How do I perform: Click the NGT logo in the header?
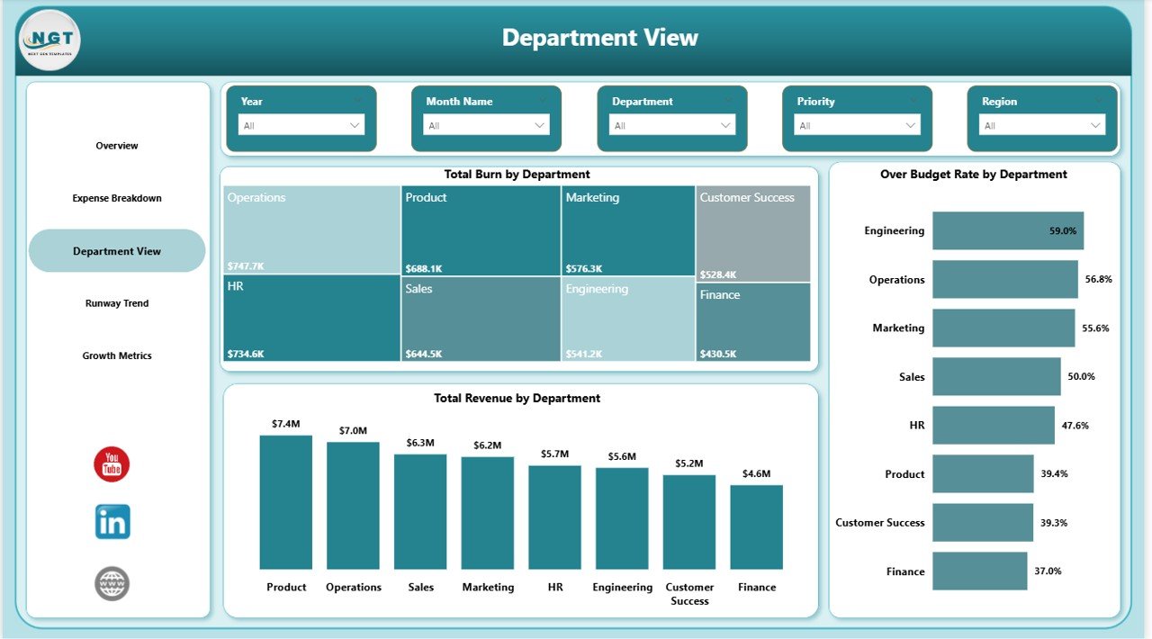point(49,40)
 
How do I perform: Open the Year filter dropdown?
point(301,125)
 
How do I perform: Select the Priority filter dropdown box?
point(856,125)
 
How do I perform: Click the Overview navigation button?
point(117,146)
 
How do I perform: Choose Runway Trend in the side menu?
point(117,303)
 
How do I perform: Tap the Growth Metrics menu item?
point(117,355)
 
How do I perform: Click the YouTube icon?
point(112,464)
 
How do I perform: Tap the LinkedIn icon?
point(112,522)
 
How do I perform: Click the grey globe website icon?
point(112,583)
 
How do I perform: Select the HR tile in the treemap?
point(311,318)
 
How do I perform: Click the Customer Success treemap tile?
point(752,234)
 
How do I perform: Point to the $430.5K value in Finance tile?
point(718,355)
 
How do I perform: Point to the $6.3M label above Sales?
point(420,443)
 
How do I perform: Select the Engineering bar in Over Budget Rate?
point(1007,230)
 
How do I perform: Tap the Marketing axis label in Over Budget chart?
point(897,328)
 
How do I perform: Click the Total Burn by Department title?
point(517,175)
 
